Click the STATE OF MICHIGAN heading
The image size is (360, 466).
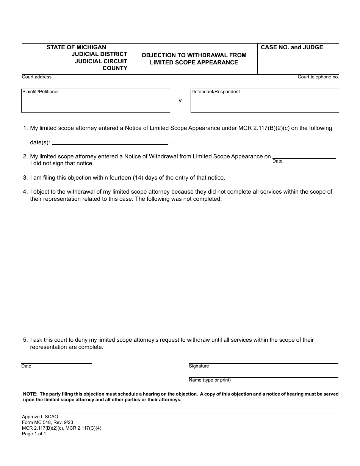[x=76, y=47]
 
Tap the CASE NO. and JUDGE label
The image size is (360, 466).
[x=292, y=47]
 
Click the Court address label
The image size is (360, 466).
[x=37, y=77]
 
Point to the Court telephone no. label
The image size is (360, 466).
[x=318, y=77]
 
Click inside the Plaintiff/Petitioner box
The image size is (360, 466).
[x=95, y=102]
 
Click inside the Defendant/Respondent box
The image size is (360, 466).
[x=265, y=102]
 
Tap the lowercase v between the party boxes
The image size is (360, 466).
[x=180, y=101]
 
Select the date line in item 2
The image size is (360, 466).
[x=304, y=156]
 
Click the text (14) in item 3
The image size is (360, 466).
[x=139, y=177]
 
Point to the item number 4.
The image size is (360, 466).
[x=25, y=192]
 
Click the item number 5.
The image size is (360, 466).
[x=25, y=340]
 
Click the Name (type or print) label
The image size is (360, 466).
[x=210, y=380]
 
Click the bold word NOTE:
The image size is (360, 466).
[x=30, y=394]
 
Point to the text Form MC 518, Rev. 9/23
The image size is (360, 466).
[x=47, y=422]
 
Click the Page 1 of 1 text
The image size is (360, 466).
[x=34, y=434]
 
